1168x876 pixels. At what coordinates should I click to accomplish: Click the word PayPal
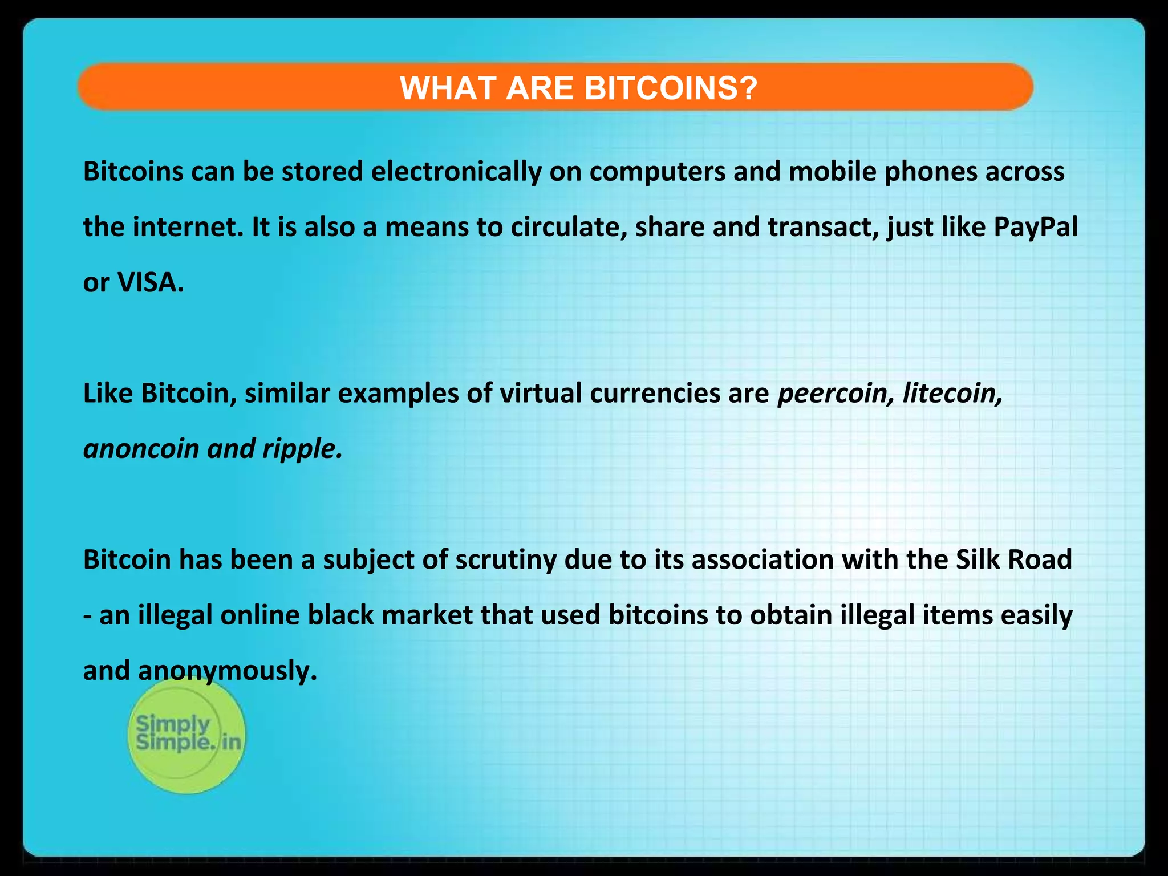[1035, 227]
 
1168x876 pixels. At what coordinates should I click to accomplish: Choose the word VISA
[150, 282]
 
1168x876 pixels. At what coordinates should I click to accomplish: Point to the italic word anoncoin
[141, 449]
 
